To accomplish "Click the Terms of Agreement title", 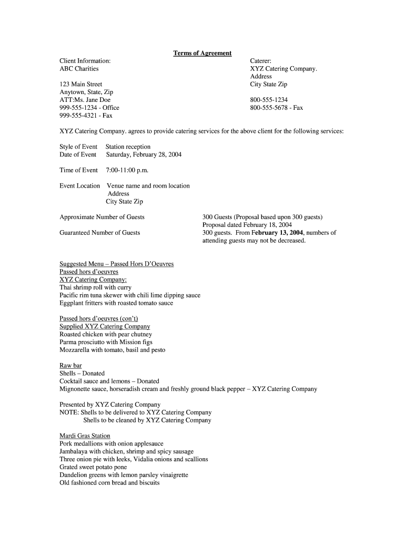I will (x=202, y=53).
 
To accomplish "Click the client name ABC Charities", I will (x=79, y=69).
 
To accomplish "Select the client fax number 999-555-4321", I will (x=86, y=116).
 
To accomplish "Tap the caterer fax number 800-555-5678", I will (x=277, y=108).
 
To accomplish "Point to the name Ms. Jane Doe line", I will (x=85, y=100).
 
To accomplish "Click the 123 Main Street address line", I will (x=81, y=84).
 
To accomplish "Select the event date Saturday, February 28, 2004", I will (x=144, y=154).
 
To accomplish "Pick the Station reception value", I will (x=128, y=147).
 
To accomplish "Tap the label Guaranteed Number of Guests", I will (x=100, y=232).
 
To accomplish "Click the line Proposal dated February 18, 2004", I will (x=247, y=225).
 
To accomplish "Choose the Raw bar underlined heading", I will (x=70, y=366).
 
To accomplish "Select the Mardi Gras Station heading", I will (x=85, y=436).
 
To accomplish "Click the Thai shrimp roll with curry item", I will (x=96, y=287).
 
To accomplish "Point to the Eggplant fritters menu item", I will (x=116, y=303).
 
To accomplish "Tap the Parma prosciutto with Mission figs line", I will (x=106, y=342).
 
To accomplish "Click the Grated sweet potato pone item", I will (x=93, y=467).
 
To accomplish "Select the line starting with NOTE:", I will (x=136, y=412).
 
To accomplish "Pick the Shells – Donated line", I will (x=82, y=374).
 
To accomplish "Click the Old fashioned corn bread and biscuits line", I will (x=109, y=482).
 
